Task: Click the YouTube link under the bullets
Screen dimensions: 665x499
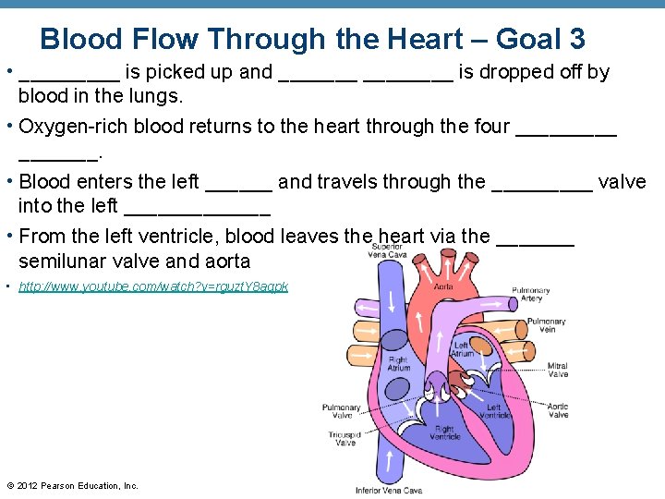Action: pos(153,286)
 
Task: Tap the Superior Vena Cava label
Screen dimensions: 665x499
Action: pos(388,250)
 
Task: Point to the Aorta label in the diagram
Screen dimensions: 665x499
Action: pos(443,286)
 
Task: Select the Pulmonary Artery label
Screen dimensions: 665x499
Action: pos(531,294)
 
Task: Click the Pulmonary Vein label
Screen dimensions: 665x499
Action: pos(547,325)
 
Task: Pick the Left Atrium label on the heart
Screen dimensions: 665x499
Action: pos(463,349)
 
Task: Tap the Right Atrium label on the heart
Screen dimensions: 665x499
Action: pos(398,364)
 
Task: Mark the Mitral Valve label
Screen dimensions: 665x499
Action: pos(558,370)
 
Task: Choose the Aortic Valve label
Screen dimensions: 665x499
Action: pos(558,410)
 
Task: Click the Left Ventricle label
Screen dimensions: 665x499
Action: pos(493,411)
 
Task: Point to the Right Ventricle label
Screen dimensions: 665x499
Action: pos(444,432)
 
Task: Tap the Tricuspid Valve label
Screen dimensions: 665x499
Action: pos(345,438)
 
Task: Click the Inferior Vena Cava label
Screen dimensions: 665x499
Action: pos(389,490)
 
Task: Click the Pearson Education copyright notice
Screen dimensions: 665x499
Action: pos(72,486)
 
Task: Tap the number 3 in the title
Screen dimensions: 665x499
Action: pos(576,39)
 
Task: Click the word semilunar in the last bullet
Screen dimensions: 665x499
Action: pos(61,262)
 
